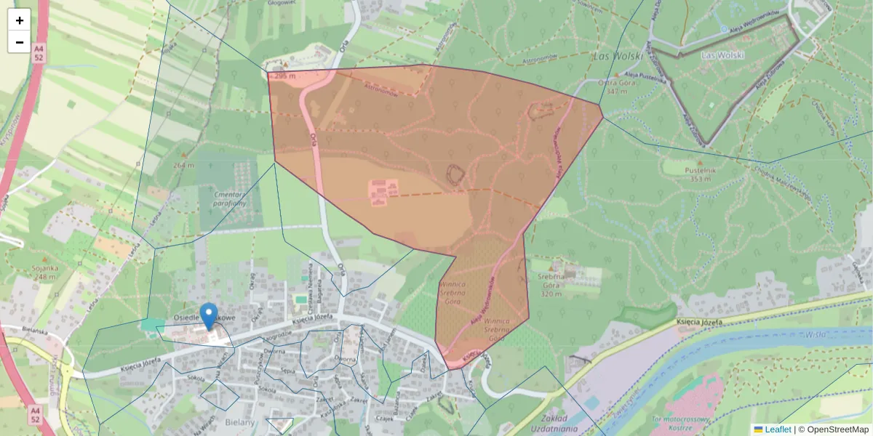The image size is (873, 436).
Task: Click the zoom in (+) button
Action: pos(20,20)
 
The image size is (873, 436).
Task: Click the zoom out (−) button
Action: pos(20,42)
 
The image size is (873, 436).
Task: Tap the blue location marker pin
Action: pos(209,316)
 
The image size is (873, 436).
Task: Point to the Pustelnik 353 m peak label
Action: pos(700,174)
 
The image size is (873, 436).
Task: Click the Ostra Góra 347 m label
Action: pos(612,86)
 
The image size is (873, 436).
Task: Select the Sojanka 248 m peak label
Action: pos(44,272)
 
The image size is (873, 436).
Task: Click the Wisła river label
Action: pos(816,335)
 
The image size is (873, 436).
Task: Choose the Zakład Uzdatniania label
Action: pos(551,424)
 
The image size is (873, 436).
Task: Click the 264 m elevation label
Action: pos(183,165)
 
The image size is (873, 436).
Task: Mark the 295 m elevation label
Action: pos(284,76)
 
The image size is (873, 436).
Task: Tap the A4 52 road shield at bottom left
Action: pos(36,415)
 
